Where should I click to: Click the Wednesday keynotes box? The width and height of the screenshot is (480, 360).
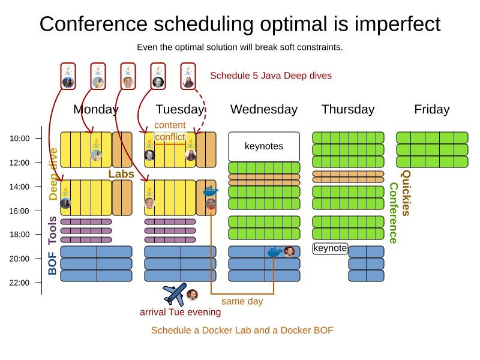pos(264,146)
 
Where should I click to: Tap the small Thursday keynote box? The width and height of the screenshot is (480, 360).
pos(330,248)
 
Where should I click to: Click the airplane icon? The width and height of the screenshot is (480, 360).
pos(175,293)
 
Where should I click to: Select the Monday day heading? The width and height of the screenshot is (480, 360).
pos(96,109)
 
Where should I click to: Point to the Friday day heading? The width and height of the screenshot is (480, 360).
pos(431,109)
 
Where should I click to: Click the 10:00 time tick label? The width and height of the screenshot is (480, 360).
pos(20,139)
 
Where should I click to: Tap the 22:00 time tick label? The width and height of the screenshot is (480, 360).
pos(20,283)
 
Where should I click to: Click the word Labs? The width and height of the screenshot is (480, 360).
pos(121,173)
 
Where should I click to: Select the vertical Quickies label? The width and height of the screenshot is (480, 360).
pos(406,193)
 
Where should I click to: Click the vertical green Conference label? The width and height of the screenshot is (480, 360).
pos(393,213)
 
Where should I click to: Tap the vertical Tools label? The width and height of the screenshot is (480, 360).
pos(53,230)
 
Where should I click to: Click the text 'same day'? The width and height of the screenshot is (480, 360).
pos(242,301)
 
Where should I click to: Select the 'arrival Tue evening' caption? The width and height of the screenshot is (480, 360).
pos(180,312)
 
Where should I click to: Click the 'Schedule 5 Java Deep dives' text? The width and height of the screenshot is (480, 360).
pos(271,76)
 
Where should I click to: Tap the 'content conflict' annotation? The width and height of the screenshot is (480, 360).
pos(170,131)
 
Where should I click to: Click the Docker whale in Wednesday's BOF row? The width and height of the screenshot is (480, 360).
pos(274,251)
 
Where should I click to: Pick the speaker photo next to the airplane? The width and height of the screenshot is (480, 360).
pos(192,295)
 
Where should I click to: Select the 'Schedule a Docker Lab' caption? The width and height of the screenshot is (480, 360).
pos(242,330)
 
